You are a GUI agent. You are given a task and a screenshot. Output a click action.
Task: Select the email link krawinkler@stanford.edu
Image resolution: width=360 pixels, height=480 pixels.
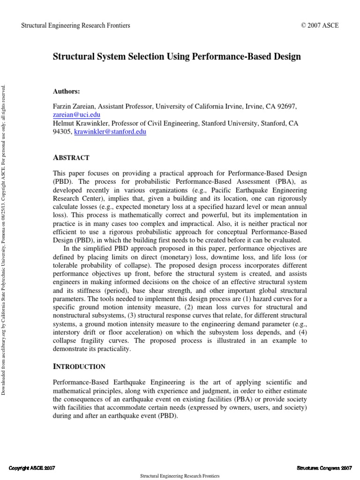tap(110, 132)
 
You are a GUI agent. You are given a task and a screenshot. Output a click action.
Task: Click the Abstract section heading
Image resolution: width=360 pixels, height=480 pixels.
tap(72, 157)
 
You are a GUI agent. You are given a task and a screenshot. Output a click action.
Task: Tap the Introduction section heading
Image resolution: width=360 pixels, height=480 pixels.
tap(80, 367)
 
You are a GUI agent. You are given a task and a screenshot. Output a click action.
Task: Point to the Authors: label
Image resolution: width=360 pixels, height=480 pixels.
tap(67, 91)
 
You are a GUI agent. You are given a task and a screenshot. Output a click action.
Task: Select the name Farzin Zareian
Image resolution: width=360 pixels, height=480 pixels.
tap(75, 106)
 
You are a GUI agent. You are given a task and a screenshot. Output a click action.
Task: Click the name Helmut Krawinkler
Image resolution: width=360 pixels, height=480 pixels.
tap(81, 124)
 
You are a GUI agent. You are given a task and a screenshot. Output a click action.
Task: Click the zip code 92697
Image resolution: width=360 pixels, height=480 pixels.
tap(286, 106)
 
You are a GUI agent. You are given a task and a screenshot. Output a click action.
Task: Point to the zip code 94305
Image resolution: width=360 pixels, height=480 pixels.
tap(63, 132)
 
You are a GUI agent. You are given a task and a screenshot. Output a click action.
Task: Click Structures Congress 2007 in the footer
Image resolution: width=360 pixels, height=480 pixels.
tap(324, 468)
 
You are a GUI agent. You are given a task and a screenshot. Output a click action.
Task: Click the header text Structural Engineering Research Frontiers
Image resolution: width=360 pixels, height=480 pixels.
tap(76, 25)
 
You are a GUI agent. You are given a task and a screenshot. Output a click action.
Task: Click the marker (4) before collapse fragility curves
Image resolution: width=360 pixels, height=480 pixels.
tap(301, 332)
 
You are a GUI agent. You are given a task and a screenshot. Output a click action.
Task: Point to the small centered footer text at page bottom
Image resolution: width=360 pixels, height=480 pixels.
tap(180, 476)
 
